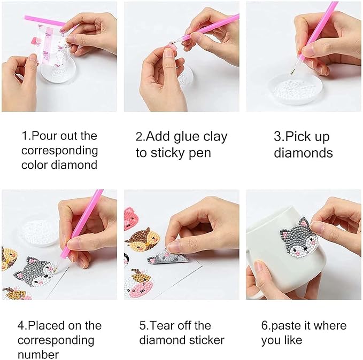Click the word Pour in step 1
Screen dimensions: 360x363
click(x=43, y=136)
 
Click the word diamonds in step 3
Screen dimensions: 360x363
click(x=303, y=153)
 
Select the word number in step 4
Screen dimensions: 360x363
click(x=38, y=354)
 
